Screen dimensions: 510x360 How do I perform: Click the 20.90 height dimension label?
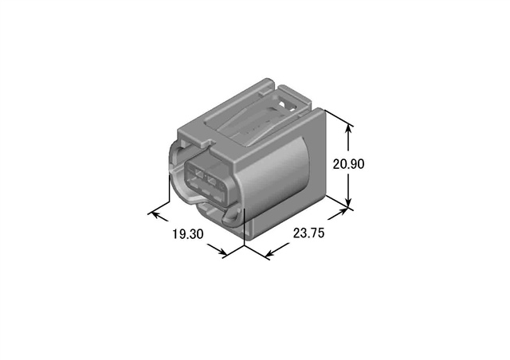click(348, 164)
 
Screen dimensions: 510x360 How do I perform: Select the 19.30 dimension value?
click(188, 234)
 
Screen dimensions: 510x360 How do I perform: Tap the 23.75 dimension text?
click(308, 233)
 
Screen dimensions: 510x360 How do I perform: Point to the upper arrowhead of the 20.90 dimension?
click(349, 129)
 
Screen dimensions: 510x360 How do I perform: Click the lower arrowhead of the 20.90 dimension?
click(349, 202)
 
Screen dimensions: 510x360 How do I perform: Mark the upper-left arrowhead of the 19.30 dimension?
click(155, 215)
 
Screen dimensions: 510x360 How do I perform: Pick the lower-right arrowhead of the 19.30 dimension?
click(222, 252)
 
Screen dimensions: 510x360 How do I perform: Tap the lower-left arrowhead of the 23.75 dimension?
click(269, 253)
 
